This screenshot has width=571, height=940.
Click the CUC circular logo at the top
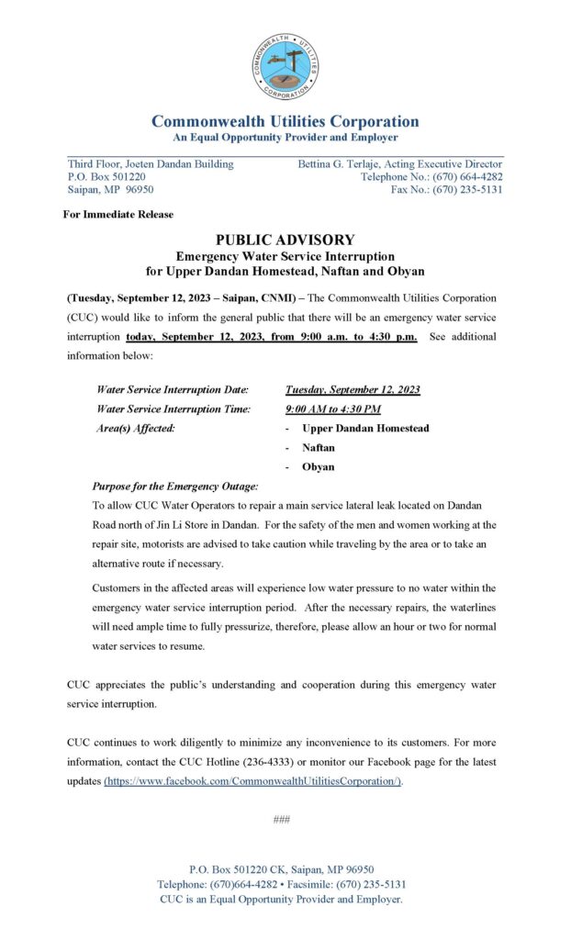(285, 66)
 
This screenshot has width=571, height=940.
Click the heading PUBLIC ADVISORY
(285, 240)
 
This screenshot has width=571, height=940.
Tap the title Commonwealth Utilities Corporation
(285, 121)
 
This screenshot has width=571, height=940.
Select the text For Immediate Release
(118, 214)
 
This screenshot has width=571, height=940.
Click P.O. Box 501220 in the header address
(106, 177)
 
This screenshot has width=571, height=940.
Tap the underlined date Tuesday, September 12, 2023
(353, 389)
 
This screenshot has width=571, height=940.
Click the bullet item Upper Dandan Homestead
(364, 428)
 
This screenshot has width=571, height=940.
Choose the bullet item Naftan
(318, 447)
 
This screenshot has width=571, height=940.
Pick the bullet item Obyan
(318, 466)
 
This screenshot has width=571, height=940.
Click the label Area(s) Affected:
(136, 428)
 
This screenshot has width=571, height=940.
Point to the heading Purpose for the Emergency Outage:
(175, 486)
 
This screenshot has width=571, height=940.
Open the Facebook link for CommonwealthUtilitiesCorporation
(253, 781)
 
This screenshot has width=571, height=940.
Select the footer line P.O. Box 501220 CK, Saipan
(281, 869)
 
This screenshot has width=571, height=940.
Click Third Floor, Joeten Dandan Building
(151, 164)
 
